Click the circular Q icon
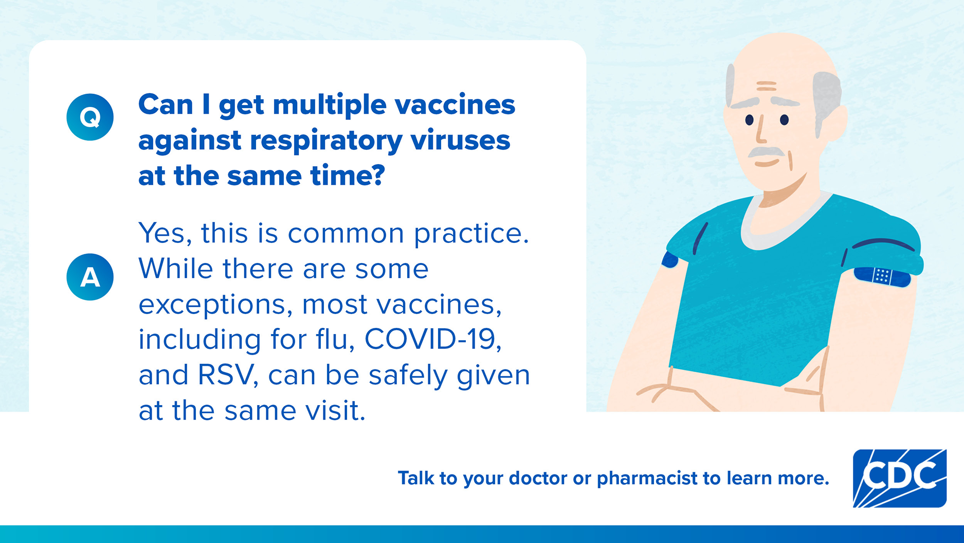(90, 117)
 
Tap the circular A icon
(90, 277)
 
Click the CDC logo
(899, 478)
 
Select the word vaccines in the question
(454, 105)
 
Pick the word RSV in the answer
(226, 375)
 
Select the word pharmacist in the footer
(647, 478)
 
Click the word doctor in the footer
(538, 478)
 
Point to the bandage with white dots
(882, 276)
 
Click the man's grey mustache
(766, 152)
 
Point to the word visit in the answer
(335, 411)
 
